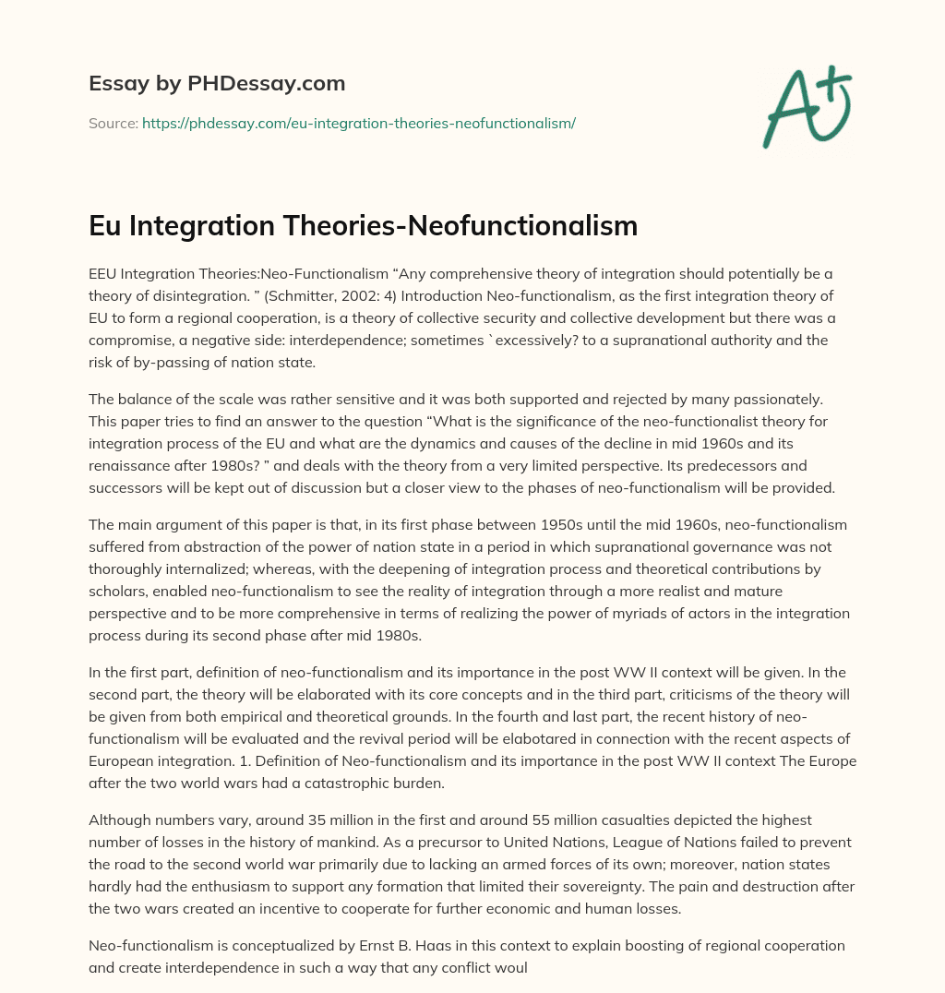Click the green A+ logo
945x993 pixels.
coord(807,104)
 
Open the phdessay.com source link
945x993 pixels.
coord(358,123)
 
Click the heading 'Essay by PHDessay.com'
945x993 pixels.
coord(217,84)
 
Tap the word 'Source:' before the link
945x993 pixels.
coord(113,123)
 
